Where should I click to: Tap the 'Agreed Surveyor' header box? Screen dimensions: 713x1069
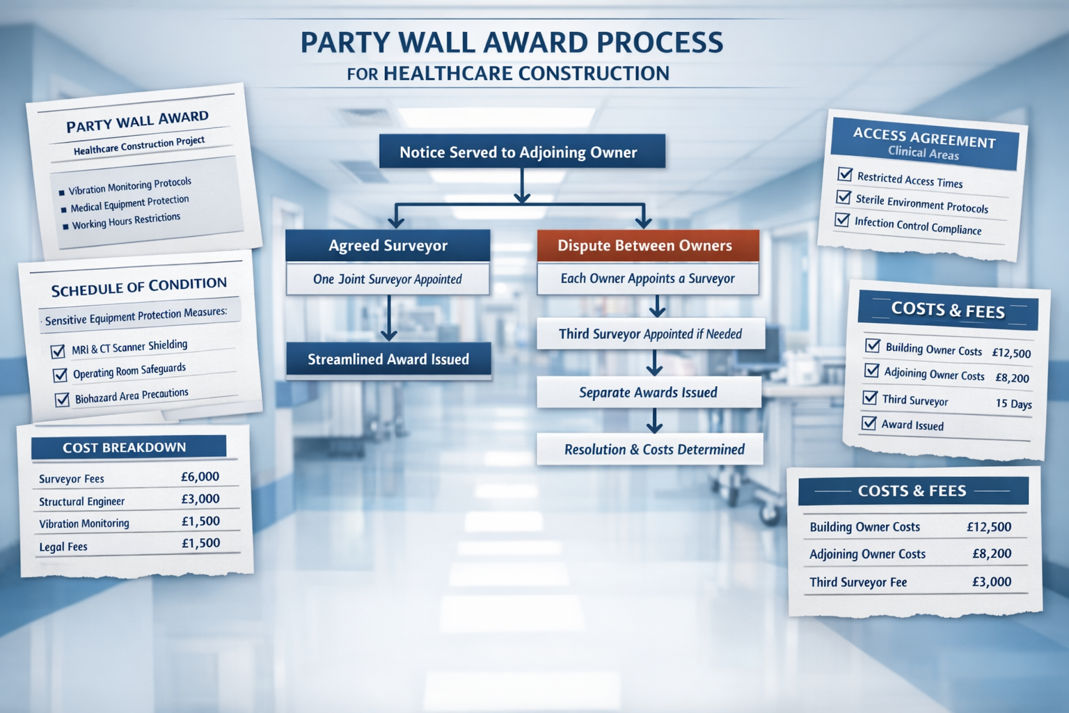click(388, 246)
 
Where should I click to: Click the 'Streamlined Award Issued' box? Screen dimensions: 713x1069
click(388, 359)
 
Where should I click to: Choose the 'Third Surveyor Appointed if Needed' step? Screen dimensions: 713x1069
click(651, 334)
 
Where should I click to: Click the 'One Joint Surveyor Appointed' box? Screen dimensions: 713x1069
click(388, 279)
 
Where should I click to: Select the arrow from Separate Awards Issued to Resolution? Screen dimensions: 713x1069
click(654, 421)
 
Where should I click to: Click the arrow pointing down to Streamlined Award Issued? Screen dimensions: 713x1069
click(388, 318)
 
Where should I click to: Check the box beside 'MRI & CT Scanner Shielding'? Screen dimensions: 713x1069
click(58, 351)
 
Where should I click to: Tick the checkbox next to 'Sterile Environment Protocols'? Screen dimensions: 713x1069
click(844, 198)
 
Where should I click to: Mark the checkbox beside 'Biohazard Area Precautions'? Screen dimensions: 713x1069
click(63, 399)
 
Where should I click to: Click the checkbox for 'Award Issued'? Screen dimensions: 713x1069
click(869, 423)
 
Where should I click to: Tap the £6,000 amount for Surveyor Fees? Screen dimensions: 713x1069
click(200, 477)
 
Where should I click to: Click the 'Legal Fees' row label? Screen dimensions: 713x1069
click(63, 547)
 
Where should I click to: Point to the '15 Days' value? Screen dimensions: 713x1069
click(1013, 404)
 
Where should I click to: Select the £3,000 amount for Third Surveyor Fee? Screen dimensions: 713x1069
click(992, 581)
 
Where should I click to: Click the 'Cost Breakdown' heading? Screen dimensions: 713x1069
click(125, 448)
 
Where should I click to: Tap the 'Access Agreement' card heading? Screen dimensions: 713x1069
click(924, 138)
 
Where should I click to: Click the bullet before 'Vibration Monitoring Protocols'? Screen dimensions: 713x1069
click(62, 192)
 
